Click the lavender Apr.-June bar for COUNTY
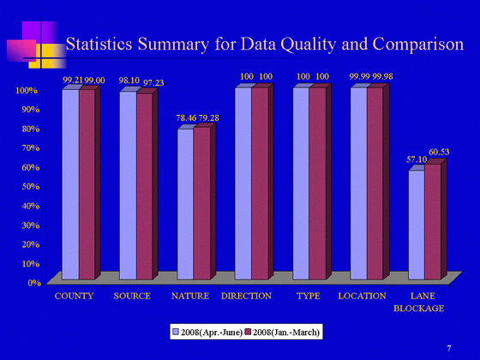(x=70, y=184)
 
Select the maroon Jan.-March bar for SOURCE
(x=145, y=187)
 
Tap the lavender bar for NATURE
(x=185, y=204)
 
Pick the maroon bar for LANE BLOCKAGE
(x=433, y=222)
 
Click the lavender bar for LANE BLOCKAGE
(x=417, y=225)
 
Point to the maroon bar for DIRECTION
(x=261, y=183)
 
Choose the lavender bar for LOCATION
(x=359, y=183)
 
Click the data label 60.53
(x=439, y=153)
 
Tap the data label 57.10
(x=417, y=159)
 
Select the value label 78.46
(x=186, y=118)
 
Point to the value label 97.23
(x=153, y=83)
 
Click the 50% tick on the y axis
(x=31, y=187)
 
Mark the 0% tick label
(x=34, y=283)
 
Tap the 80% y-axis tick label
(x=31, y=129)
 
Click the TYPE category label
(x=309, y=296)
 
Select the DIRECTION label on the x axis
(x=247, y=296)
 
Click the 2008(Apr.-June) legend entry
(x=207, y=333)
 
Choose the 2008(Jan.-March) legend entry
(x=282, y=333)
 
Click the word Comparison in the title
(x=418, y=45)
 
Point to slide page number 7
(x=449, y=348)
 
